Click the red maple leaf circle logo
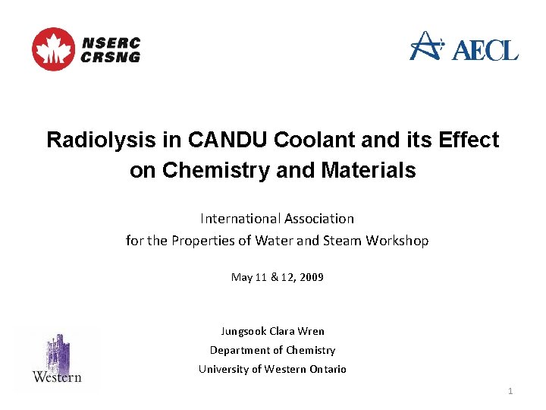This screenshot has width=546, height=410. (x=53, y=49)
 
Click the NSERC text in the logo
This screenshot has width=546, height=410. (x=110, y=43)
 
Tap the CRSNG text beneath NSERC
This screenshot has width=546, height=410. (x=110, y=57)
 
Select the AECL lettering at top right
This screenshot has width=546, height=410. (x=485, y=51)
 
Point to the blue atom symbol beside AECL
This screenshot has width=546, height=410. (x=427, y=45)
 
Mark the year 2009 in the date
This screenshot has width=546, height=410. (x=311, y=277)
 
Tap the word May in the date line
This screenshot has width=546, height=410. (x=242, y=277)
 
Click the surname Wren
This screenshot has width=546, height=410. (x=311, y=331)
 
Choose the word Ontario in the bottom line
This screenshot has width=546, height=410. (x=328, y=369)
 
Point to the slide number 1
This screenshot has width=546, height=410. (x=510, y=391)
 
